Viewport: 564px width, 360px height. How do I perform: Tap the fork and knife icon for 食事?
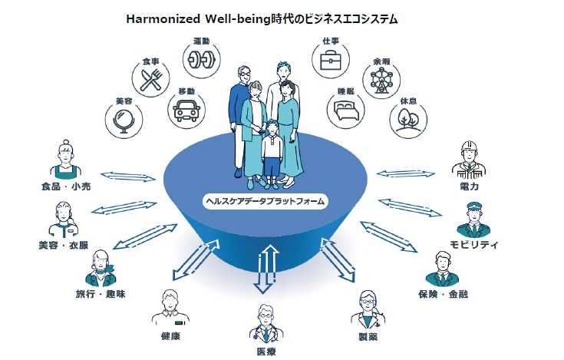(150, 78)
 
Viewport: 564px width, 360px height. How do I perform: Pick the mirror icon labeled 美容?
(124, 121)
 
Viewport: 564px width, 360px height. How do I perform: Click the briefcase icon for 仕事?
(331, 59)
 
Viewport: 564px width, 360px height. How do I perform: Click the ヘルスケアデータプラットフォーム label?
(265, 201)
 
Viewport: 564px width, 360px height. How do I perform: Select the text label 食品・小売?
(64, 187)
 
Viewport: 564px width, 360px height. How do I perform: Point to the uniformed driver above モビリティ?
(473, 220)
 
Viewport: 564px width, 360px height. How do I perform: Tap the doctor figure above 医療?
(266, 325)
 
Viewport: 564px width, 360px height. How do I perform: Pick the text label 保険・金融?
(443, 294)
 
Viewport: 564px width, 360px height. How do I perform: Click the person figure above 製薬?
(368, 309)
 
